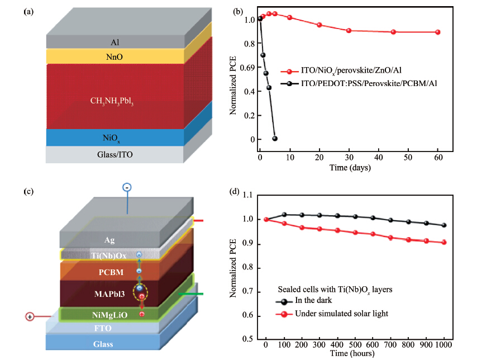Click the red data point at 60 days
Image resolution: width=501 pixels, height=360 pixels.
tap(437, 32)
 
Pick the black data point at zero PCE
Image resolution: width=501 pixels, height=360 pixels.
tap(274, 139)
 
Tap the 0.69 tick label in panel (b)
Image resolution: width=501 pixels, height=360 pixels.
tap(247, 68)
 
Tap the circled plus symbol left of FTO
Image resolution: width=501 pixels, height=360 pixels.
tap(30, 316)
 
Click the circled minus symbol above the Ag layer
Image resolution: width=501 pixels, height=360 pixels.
tap(127, 188)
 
